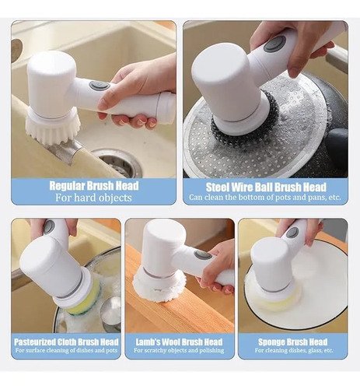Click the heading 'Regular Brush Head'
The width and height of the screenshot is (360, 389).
(94, 186)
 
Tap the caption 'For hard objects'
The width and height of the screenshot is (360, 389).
(93, 198)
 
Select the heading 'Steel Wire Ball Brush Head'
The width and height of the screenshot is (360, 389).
(266, 187)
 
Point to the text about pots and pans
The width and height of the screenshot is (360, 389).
(265, 198)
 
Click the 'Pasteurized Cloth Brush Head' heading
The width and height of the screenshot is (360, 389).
(66, 342)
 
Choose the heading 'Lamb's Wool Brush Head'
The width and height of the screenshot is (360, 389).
(179, 342)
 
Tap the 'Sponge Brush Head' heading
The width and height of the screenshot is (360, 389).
(292, 342)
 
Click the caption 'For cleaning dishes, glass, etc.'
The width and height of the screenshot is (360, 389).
(294, 350)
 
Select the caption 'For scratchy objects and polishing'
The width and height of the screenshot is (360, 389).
(179, 350)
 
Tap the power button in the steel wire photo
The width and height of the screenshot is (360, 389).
(274, 44)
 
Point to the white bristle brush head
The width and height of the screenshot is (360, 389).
(53, 126)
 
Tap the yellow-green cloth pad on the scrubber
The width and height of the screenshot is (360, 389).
(83, 298)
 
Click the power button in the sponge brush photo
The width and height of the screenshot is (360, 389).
(292, 233)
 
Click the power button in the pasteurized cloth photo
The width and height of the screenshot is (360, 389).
(49, 227)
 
